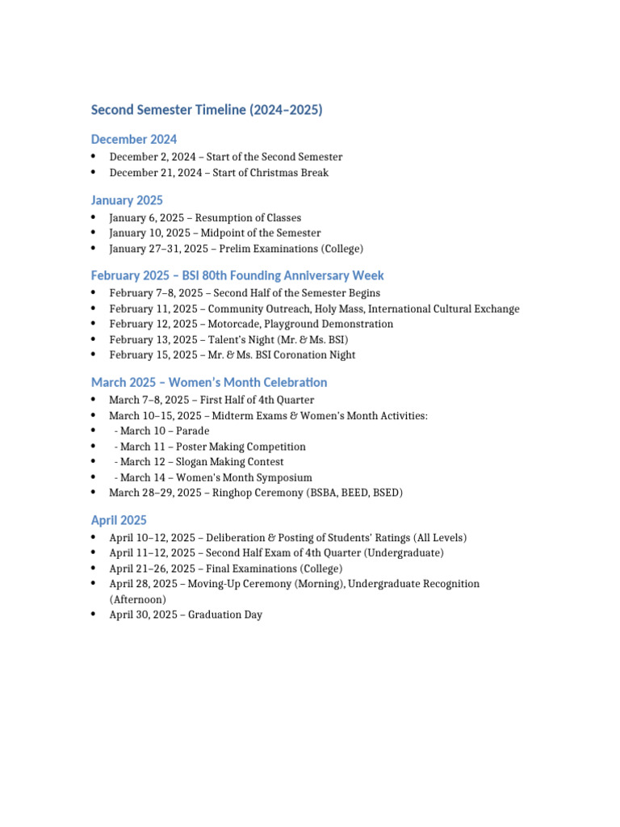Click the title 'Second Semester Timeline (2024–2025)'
[x=207, y=110]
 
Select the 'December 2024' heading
[x=134, y=140]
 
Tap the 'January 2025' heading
[x=127, y=200]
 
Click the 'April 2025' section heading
[x=119, y=520]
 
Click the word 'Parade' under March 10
[x=192, y=431]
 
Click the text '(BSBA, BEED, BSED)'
[x=354, y=493]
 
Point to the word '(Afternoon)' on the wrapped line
[x=137, y=599]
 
